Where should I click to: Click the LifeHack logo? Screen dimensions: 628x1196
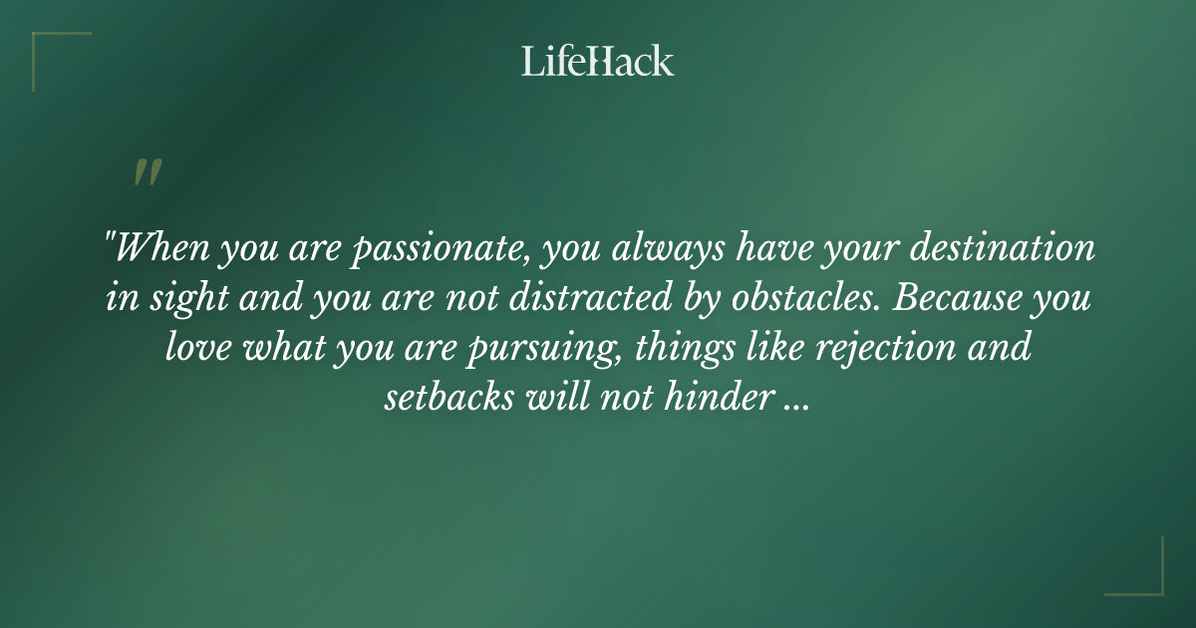click(598, 61)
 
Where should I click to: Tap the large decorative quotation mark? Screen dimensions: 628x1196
click(147, 172)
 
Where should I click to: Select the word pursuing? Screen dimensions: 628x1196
click(528, 351)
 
